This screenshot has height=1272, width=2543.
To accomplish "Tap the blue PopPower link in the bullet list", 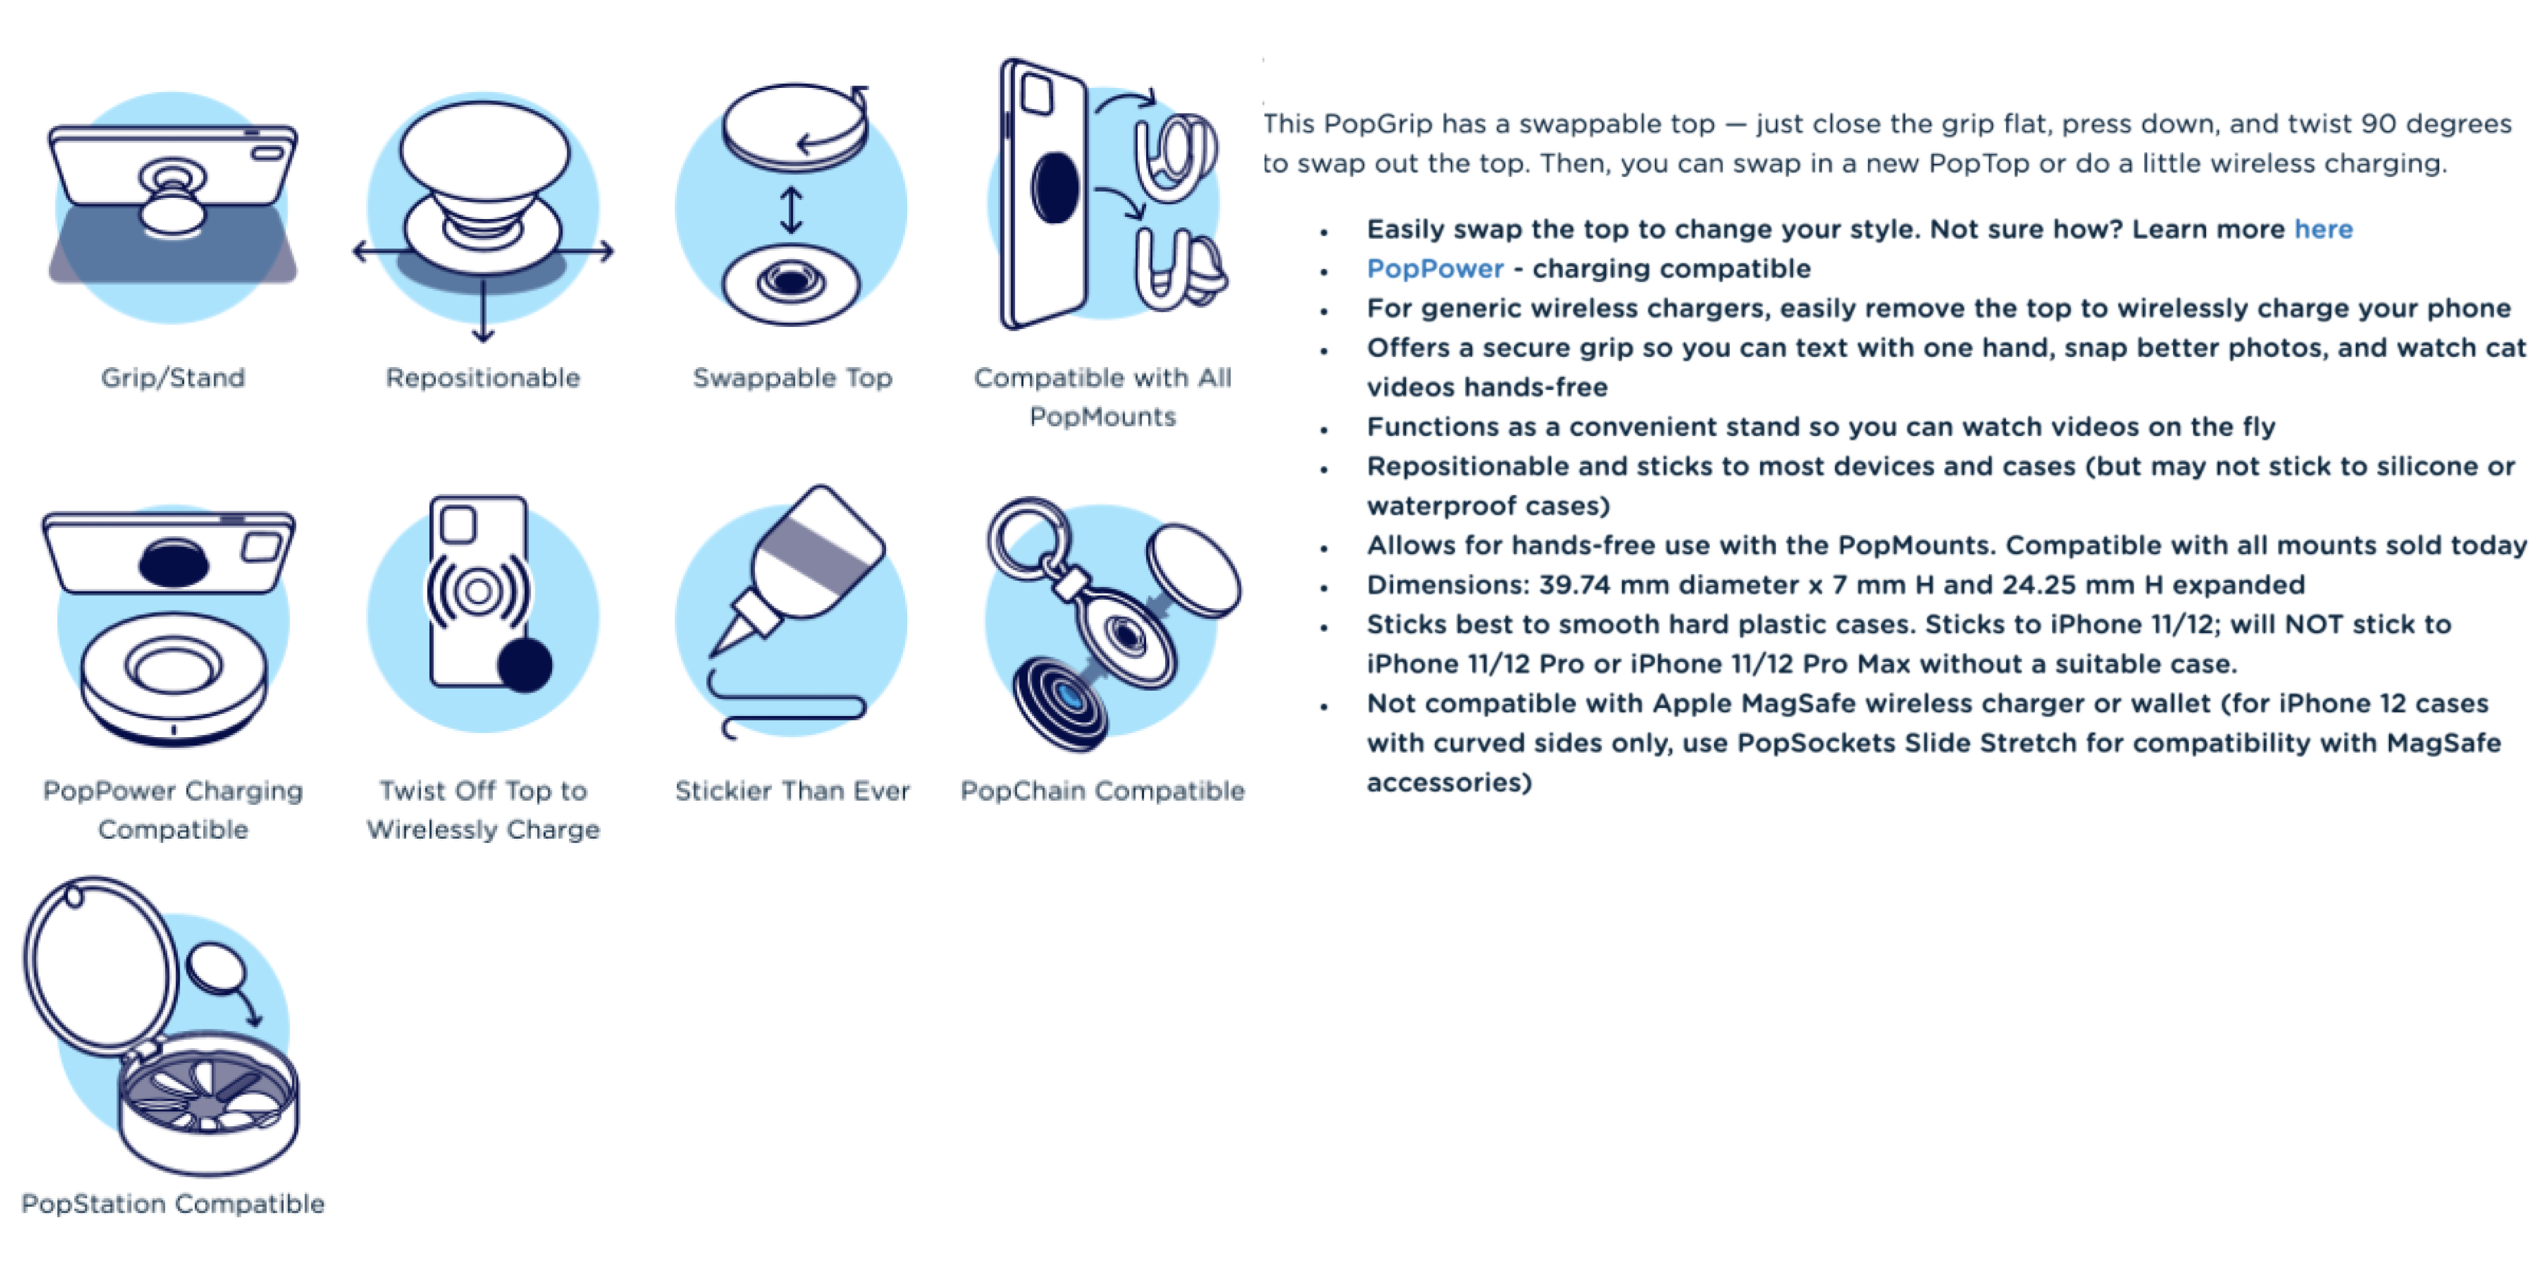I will (1434, 269).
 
